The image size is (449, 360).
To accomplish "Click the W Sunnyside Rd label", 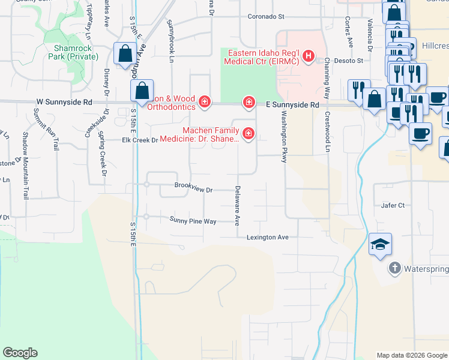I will click(64, 103).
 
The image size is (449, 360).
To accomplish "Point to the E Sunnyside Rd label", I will click(293, 104).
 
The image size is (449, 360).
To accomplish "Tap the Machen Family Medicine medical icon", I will click(247, 134).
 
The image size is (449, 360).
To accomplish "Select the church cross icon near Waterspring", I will click(394, 268).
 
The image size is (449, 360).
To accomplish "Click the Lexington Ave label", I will click(268, 238).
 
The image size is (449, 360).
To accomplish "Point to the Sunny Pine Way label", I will click(193, 221).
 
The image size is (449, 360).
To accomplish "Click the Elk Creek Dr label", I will click(139, 140).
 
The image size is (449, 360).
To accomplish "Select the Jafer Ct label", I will click(393, 205).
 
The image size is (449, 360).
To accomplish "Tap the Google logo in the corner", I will click(20, 353).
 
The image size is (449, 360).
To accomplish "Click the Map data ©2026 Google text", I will click(411, 355).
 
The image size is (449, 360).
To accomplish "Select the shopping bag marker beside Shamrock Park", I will click(124, 53).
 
